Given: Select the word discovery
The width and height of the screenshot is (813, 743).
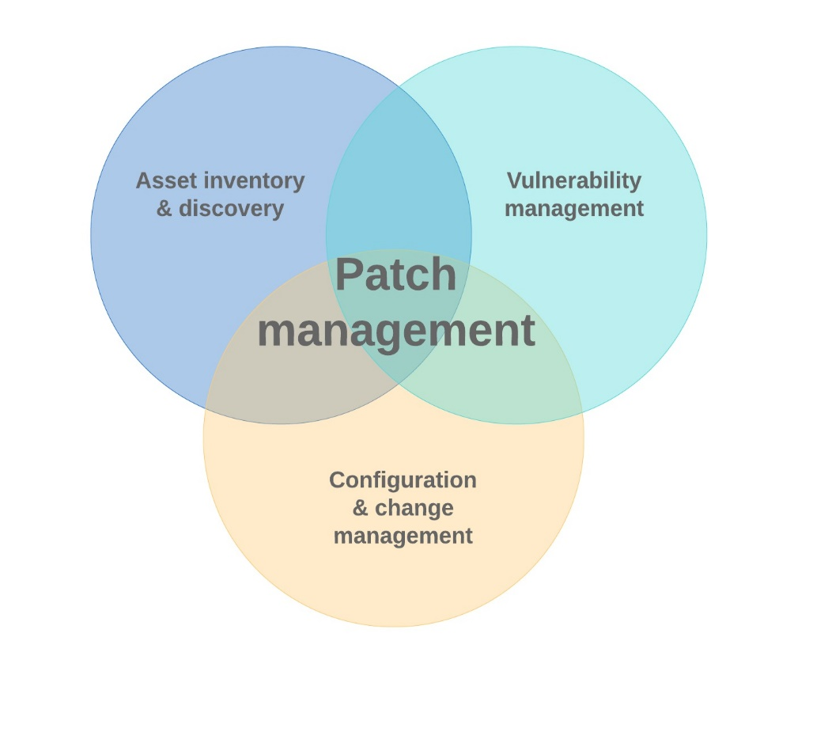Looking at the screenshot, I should pyautogui.click(x=231, y=209).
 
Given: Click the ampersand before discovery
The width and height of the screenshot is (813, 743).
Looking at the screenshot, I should pyautogui.click(x=164, y=209).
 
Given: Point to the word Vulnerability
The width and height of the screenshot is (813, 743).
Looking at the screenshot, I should pyautogui.click(x=573, y=181).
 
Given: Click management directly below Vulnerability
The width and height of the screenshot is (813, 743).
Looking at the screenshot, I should pyautogui.click(x=573, y=209).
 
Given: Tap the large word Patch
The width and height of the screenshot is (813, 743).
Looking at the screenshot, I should pyautogui.click(x=395, y=275).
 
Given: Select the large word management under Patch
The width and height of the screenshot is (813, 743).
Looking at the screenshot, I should pyautogui.click(x=395, y=331).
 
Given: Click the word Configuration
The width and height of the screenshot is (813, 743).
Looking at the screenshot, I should pyautogui.click(x=403, y=480).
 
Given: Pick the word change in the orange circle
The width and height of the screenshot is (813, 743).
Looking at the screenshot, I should pyautogui.click(x=414, y=508).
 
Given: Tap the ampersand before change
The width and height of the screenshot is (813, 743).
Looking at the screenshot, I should pyautogui.click(x=361, y=508).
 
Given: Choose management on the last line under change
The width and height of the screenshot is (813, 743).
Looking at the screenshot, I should pyautogui.click(x=403, y=536).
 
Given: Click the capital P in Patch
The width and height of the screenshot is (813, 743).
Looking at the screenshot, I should pyautogui.click(x=348, y=275).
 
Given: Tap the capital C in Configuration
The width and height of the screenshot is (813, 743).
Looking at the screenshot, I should pyautogui.click(x=337, y=480).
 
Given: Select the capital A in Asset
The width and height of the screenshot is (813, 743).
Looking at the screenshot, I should pyautogui.click(x=143, y=181).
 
